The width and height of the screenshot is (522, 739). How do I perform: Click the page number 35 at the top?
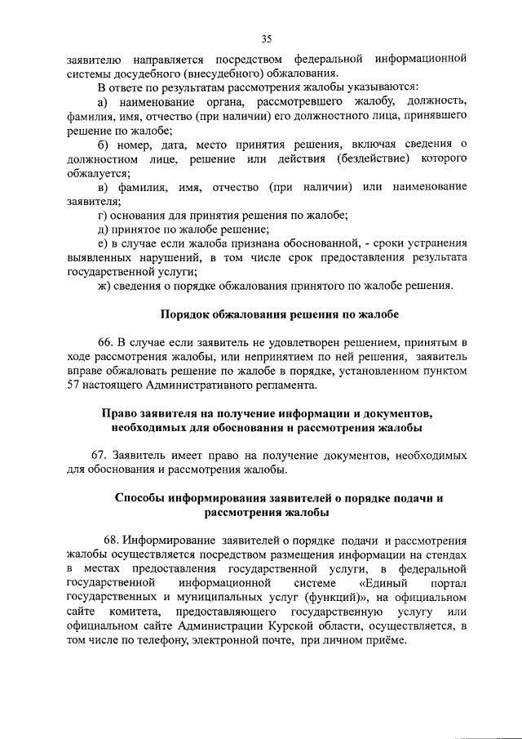click(266, 38)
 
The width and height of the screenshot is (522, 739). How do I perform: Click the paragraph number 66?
click(107, 344)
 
